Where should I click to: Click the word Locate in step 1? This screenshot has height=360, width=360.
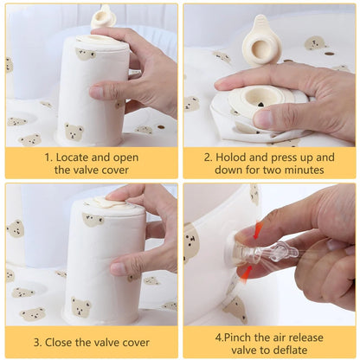pyautogui.click(x=72, y=157)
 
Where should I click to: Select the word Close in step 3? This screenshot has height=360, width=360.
pyautogui.click(x=59, y=343)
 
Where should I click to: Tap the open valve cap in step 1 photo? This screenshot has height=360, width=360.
pyautogui.click(x=104, y=17)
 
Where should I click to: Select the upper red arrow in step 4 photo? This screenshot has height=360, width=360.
pyautogui.click(x=257, y=230)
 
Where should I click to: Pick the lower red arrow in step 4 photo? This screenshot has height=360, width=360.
pyautogui.click(x=246, y=273)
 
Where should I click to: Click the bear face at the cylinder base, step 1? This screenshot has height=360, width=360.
pyautogui.click(x=74, y=132)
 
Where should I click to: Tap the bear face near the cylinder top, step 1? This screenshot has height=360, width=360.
pyautogui.click(x=86, y=55)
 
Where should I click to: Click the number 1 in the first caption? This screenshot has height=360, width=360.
pyautogui.click(x=48, y=157)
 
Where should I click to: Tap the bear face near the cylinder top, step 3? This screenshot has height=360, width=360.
pyautogui.click(x=93, y=220)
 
